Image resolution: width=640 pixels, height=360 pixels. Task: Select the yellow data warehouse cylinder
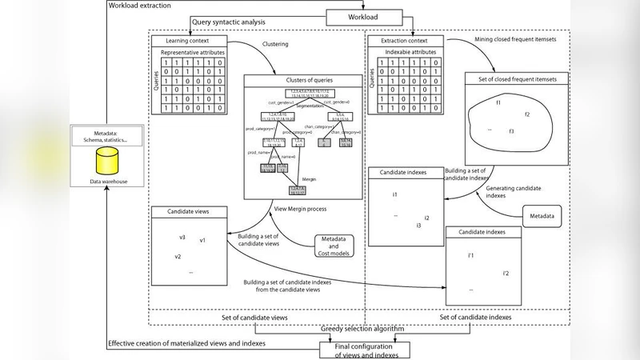[102, 164]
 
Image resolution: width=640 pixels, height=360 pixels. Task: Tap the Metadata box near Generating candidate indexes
[543, 217]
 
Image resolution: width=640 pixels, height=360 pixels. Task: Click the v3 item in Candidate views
[182, 238]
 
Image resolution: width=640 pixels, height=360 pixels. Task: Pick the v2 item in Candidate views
[178, 256]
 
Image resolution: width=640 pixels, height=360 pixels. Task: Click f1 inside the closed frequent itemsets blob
[498, 102]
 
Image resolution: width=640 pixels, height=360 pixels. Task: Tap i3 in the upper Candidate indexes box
[418, 226]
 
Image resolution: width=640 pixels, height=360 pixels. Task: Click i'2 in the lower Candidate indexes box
[506, 274]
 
